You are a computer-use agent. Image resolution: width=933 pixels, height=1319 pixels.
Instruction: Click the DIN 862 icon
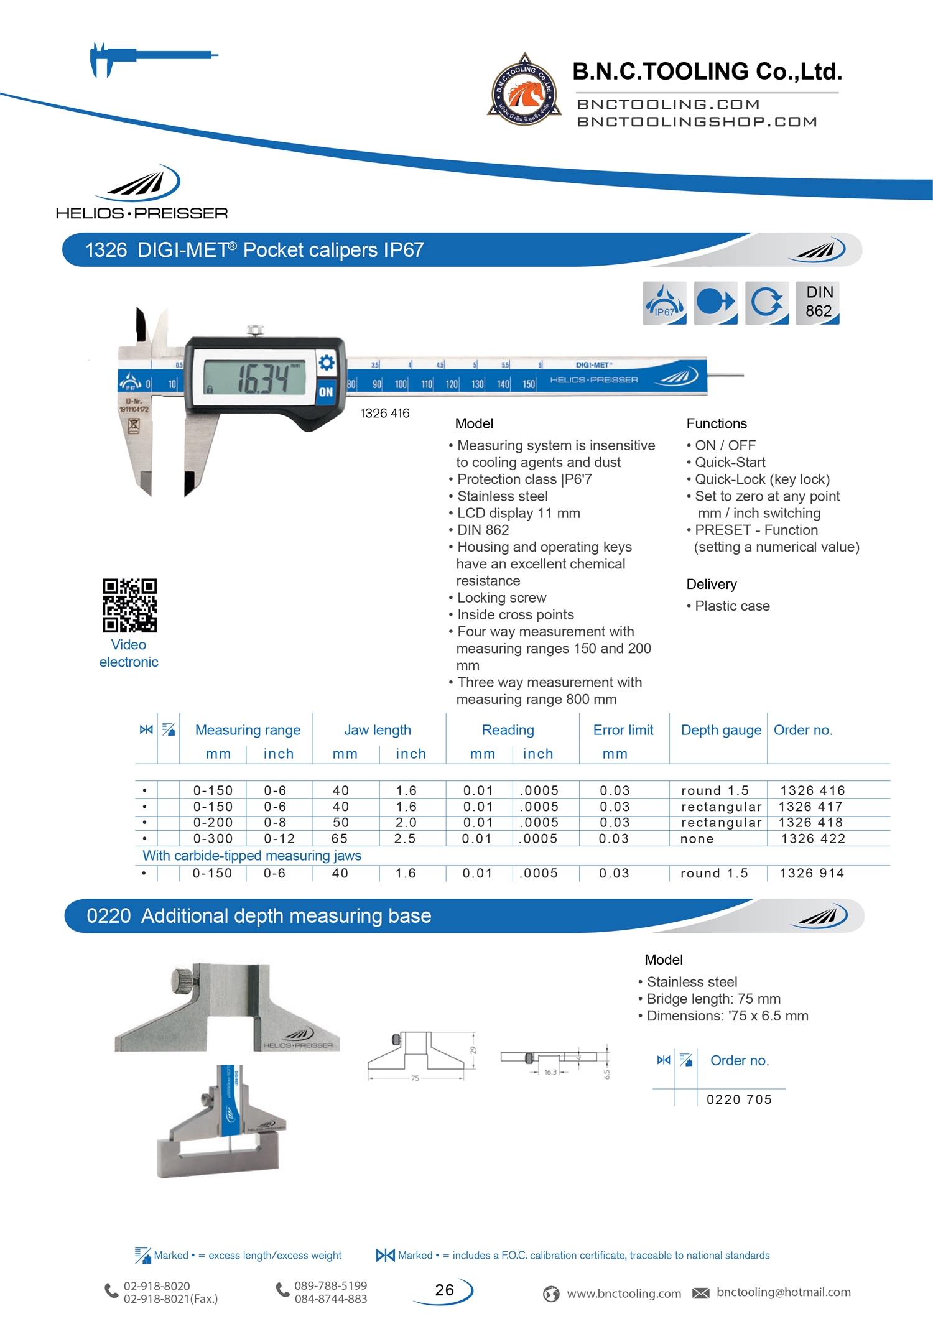(817, 302)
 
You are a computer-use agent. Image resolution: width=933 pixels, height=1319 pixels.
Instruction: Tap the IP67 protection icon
(664, 302)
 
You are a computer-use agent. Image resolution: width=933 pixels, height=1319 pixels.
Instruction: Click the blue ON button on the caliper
(326, 392)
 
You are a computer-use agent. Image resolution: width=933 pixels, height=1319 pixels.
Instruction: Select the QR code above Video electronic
(129, 605)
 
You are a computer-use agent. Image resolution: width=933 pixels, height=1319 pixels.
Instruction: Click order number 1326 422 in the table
(813, 839)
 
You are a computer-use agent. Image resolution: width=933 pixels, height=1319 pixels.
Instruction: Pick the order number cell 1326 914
(812, 873)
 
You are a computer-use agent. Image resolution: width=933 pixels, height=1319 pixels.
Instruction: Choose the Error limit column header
(623, 730)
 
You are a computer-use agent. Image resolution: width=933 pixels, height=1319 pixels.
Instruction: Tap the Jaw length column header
(378, 730)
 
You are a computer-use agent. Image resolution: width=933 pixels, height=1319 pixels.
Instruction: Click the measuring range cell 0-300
(213, 839)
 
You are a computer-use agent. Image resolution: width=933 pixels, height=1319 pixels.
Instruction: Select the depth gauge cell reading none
(697, 839)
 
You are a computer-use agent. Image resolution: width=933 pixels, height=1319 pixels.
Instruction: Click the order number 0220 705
(739, 1099)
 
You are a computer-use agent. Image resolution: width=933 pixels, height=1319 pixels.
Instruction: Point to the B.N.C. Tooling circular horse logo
(524, 91)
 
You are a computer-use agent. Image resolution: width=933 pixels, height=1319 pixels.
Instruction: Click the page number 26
(444, 1290)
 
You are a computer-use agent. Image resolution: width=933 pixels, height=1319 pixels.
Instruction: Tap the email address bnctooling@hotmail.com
(783, 1292)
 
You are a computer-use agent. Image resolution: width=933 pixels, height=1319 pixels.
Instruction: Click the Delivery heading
(712, 585)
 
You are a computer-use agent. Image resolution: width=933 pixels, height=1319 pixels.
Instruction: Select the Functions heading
(717, 423)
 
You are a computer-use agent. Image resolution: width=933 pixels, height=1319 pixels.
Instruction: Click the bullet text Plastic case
(732, 606)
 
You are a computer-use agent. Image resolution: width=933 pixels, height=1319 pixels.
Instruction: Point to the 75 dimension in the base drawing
(415, 1078)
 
